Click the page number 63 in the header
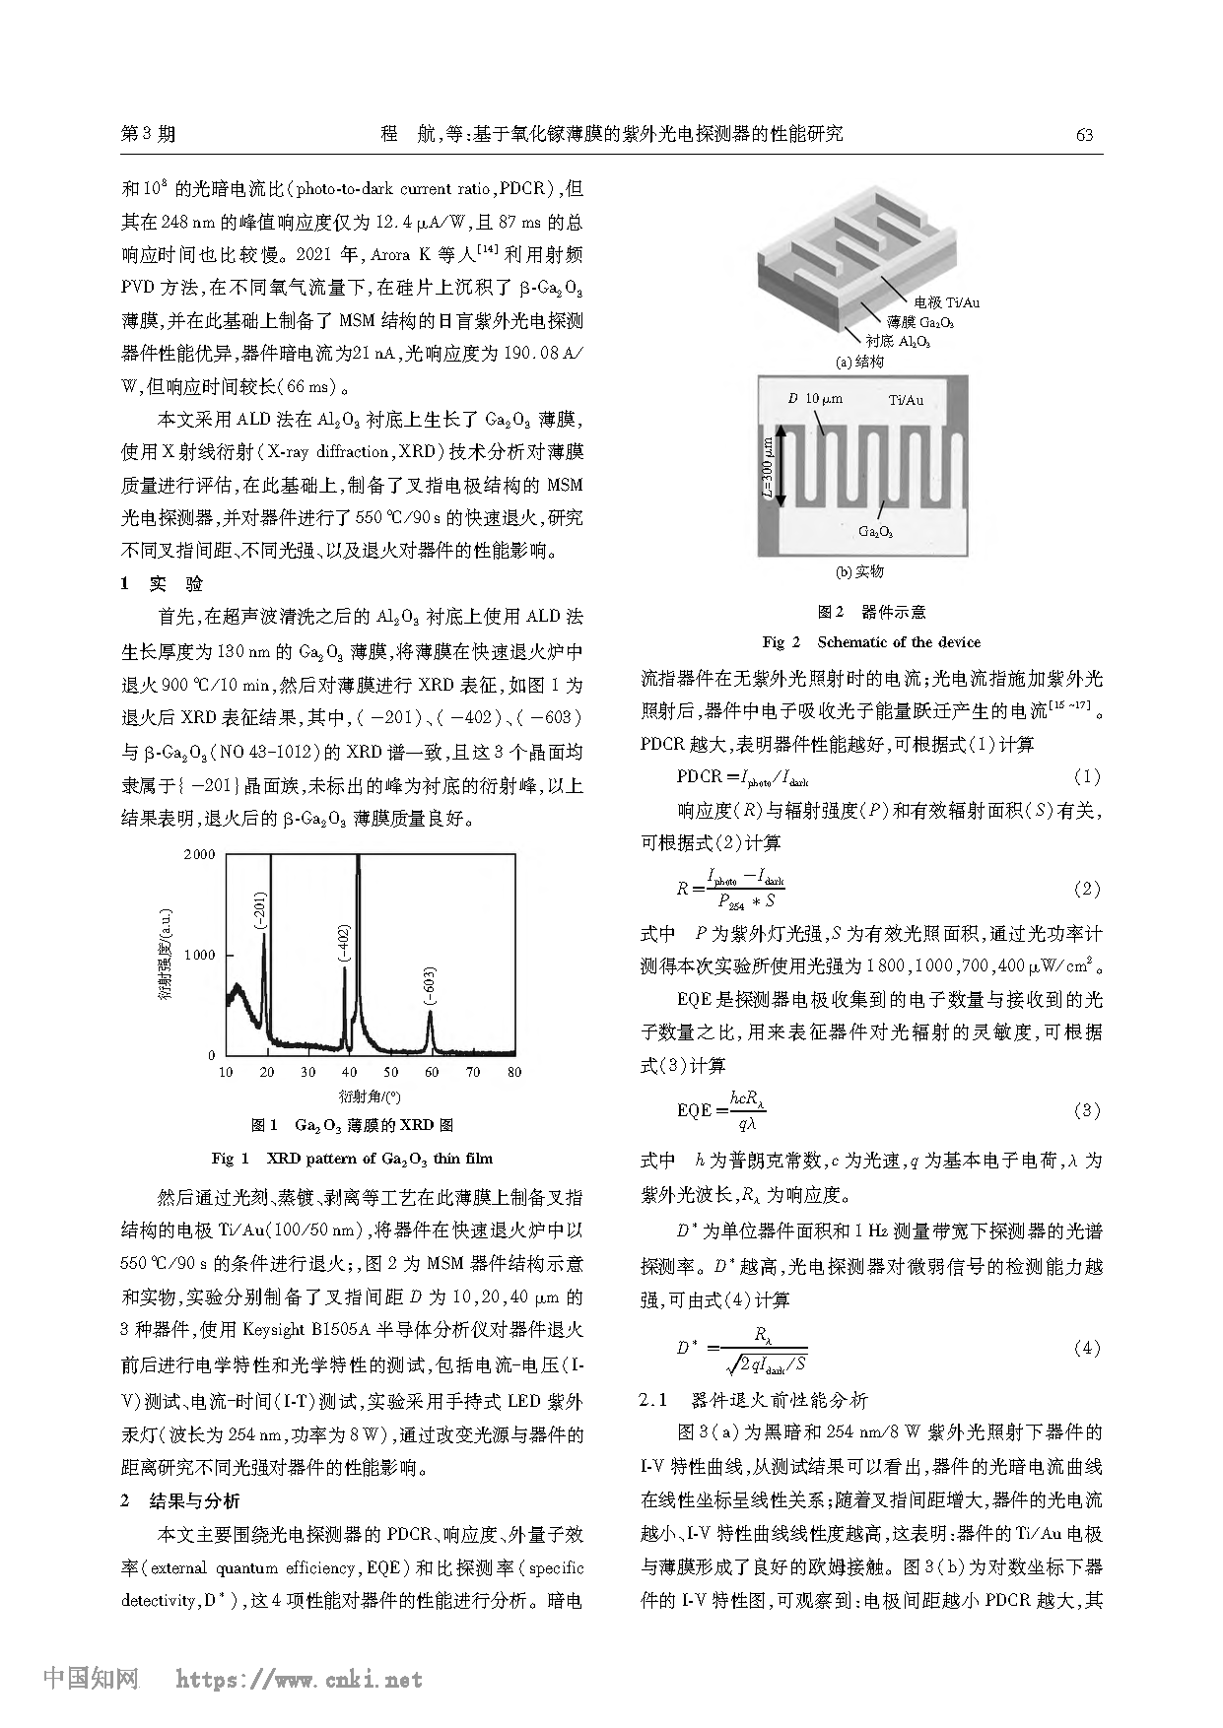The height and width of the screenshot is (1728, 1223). (1084, 135)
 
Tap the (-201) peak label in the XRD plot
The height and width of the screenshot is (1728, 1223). (259, 911)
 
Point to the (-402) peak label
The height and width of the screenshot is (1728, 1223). (343, 947)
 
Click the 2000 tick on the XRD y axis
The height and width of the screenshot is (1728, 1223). (199, 854)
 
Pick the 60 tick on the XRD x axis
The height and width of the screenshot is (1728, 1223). (432, 1072)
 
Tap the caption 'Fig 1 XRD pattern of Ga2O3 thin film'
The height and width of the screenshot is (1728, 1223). (352, 1158)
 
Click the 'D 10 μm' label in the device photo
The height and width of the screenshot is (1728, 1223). (815, 399)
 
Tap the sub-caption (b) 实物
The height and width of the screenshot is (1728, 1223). (859, 571)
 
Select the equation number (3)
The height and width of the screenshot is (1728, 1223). (1086, 1110)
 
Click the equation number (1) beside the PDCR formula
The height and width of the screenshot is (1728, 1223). (1086, 776)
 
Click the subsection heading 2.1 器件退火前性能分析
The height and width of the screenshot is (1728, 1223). (754, 1399)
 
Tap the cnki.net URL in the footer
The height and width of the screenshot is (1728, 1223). (299, 1680)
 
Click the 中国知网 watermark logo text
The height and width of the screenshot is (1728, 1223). (91, 1679)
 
